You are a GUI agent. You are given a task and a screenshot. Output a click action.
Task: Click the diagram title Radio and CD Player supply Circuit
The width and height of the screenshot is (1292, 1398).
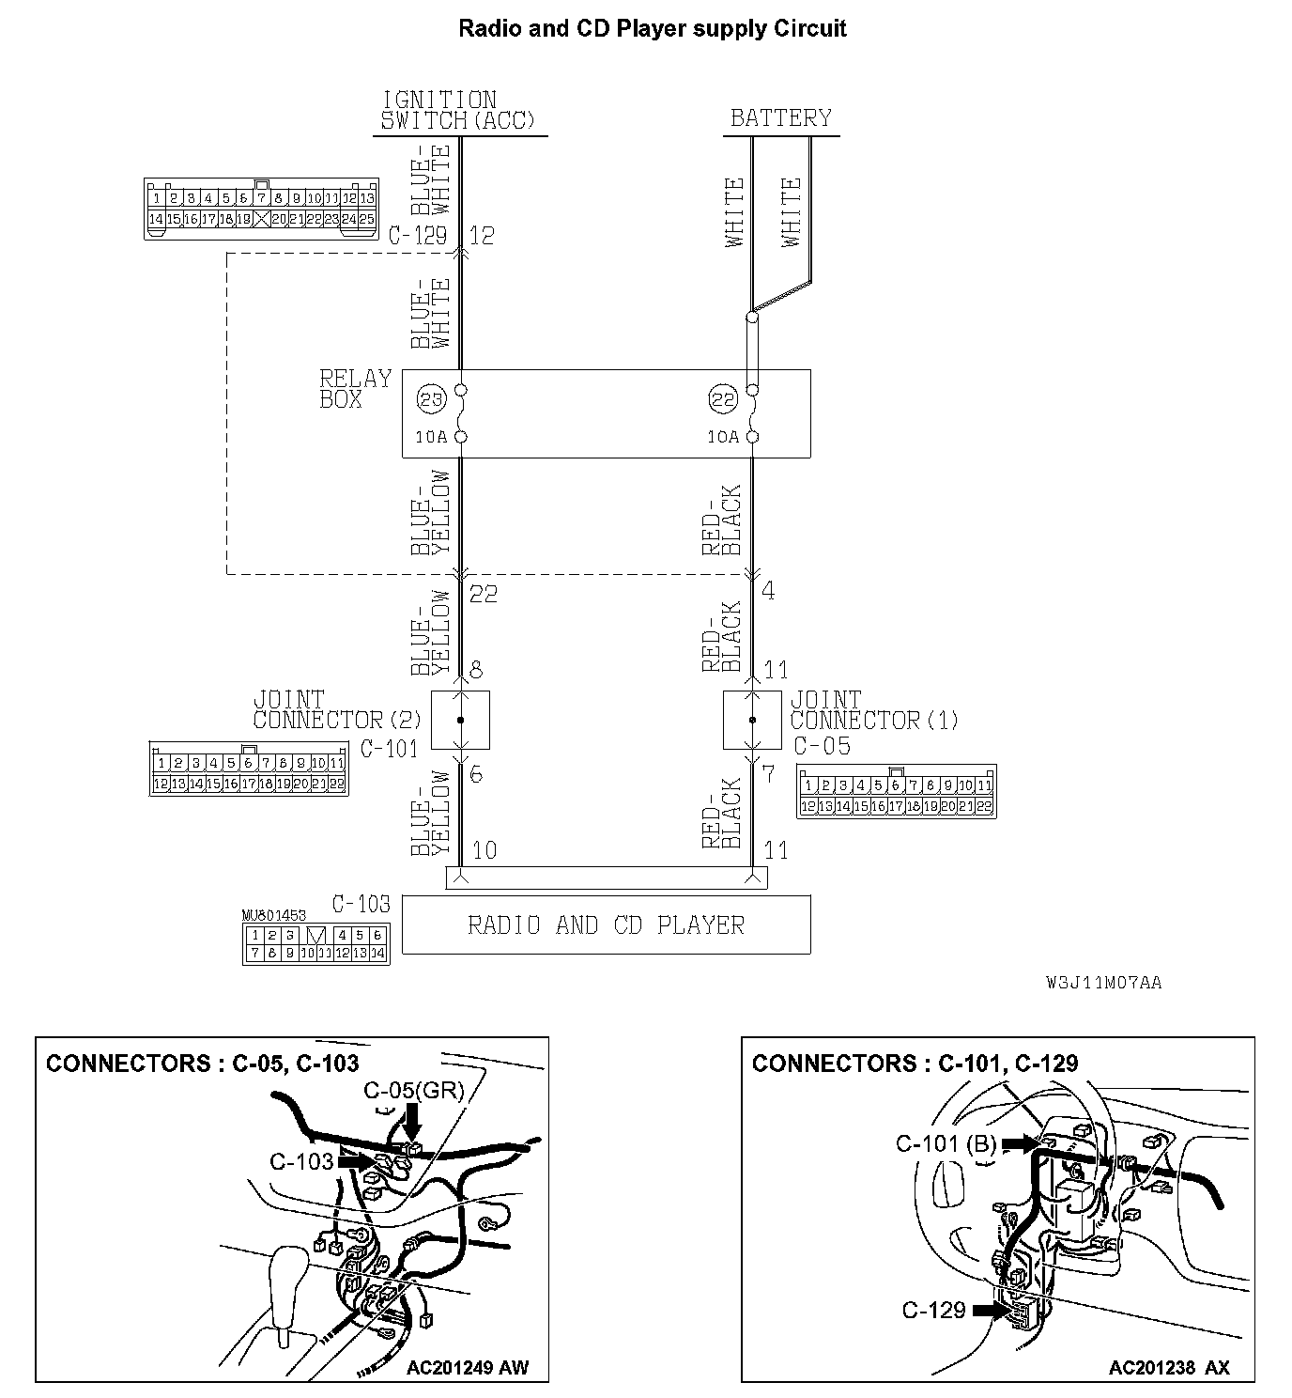tap(652, 29)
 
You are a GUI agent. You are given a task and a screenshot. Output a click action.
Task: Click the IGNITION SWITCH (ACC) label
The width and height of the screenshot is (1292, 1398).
tap(457, 111)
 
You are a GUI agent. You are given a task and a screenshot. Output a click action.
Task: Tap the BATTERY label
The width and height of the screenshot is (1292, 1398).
tap(781, 118)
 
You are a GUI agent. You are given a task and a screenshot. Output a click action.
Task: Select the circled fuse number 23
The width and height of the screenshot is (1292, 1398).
tap(430, 400)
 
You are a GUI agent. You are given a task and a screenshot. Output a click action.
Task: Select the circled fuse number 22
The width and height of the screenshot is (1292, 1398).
tap(723, 400)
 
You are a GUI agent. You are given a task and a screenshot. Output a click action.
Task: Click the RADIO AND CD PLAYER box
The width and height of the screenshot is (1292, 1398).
tap(606, 925)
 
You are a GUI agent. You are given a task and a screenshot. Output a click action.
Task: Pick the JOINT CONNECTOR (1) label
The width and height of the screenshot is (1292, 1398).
tap(873, 710)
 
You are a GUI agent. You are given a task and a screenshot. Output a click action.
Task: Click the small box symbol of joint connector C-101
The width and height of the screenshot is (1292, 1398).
tap(460, 721)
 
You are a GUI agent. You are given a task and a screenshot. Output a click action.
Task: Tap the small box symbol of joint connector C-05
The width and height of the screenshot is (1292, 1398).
tap(752, 721)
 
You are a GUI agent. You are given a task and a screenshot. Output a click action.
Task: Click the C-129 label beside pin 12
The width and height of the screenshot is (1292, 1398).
tap(418, 235)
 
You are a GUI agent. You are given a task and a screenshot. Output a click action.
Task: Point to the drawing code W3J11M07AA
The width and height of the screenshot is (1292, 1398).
tap(1103, 983)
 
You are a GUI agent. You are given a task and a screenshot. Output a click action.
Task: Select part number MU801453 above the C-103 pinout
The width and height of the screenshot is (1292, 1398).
tap(273, 914)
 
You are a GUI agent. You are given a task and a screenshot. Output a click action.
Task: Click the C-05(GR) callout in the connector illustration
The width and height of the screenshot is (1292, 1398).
tap(413, 1091)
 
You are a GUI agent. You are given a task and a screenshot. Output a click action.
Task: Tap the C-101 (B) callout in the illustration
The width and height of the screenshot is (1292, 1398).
tap(946, 1143)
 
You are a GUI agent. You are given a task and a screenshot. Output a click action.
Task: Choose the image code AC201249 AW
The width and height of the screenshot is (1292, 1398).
tap(467, 1367)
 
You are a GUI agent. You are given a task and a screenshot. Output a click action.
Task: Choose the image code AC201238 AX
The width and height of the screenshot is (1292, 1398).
tap(1168, 1367)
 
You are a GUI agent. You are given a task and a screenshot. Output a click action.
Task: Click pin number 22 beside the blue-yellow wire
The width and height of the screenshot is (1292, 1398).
tap(483, 594)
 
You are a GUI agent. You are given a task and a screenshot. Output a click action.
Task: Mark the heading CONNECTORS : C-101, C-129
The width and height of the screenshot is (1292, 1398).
tap(915, 1064)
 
